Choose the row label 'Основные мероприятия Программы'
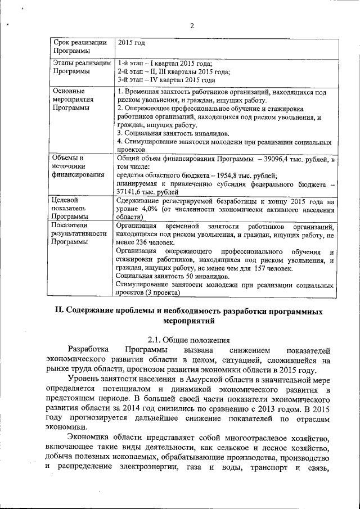pyautogui.click(x=71, y=100)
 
